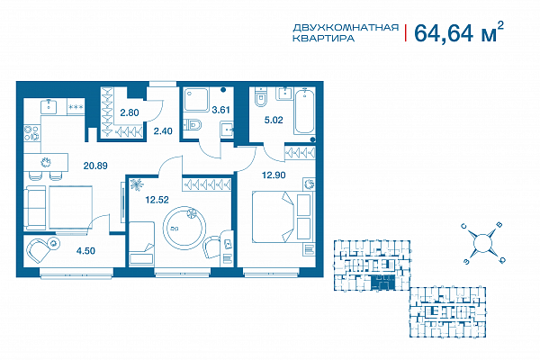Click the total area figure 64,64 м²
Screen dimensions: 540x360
coord(459,32)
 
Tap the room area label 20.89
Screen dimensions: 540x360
coord(95,166)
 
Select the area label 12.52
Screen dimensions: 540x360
coord(157,200)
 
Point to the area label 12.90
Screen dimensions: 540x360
coord(274,175)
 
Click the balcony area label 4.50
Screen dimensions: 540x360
coord(85,251)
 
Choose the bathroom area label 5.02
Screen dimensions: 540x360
coord(274,120)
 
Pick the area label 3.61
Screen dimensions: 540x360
coord(220,110)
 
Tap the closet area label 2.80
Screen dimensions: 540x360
coord(129,112)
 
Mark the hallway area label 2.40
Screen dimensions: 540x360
coord(163,130)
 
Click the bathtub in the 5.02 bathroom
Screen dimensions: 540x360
coord(304,112)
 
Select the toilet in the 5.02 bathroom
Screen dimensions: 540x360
coord(261,97)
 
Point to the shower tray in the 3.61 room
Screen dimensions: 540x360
coord(196,99)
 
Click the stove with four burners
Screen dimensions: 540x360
coord(32,133)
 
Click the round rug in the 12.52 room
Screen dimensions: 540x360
coord(184,228)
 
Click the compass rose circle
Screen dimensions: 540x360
coord(482,243)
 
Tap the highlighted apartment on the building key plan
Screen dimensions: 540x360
coord(382,283)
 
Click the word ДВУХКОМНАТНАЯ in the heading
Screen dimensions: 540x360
coord(346,28)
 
